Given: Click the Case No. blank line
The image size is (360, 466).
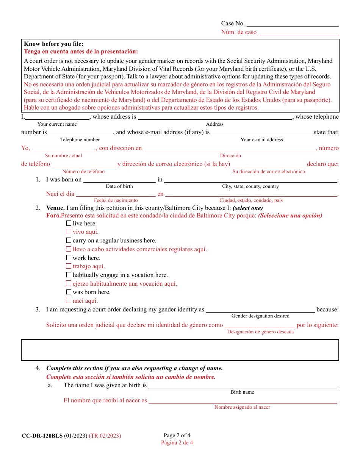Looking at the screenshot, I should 293,24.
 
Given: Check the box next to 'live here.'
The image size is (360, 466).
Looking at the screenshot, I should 69,224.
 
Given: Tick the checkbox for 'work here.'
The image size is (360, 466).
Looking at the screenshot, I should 69,258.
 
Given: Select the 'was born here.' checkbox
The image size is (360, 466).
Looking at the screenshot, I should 69,292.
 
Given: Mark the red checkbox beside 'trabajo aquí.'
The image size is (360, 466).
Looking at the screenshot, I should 69,266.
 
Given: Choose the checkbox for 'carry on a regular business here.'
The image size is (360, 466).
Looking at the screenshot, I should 69,241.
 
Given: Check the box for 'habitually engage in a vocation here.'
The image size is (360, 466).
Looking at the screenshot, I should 69,275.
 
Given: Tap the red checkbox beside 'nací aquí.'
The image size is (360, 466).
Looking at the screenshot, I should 69,301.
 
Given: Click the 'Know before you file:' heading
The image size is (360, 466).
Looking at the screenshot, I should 54,44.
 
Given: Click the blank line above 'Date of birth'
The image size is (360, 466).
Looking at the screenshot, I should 119,180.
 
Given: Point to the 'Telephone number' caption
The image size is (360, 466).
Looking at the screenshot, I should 80,140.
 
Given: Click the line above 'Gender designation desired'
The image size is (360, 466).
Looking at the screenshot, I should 260,310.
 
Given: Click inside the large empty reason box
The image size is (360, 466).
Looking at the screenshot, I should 180,350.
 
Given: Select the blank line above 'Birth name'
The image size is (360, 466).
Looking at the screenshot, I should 243,386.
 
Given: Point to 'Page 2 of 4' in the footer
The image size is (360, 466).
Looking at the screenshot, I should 177,435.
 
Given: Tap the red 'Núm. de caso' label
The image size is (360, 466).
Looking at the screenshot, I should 239,33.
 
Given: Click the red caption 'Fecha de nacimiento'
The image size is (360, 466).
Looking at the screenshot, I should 116,200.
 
